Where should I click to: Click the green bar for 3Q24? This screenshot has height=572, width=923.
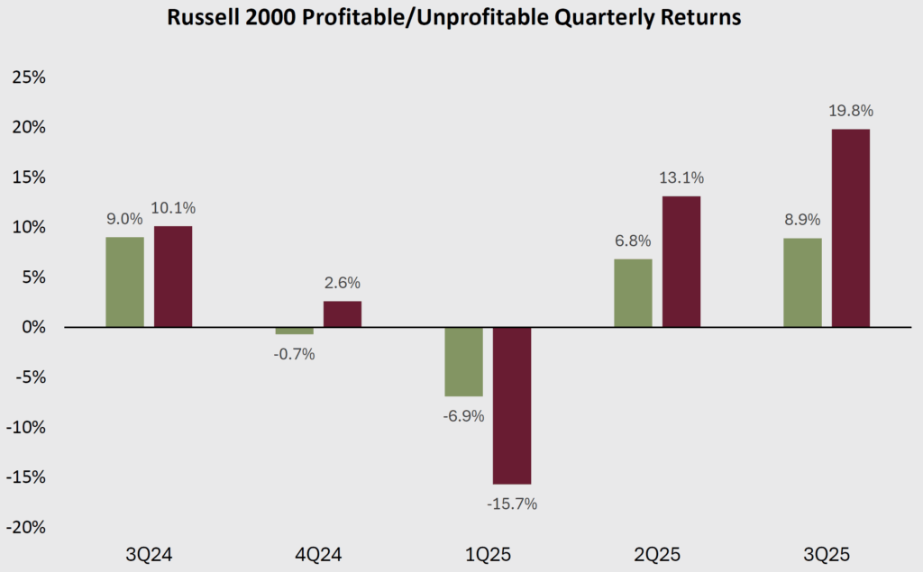tap(124, 282)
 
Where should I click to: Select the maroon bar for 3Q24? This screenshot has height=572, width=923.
tap(173, 277)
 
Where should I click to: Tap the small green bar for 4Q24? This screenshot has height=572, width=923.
tap(294, 331)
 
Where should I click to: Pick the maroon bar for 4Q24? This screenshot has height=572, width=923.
tap(343, 314)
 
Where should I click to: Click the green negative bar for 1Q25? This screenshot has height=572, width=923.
tap(463, 361)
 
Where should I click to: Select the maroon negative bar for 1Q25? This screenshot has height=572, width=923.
tap(512, 405)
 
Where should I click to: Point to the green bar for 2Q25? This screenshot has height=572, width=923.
tap(633, 293)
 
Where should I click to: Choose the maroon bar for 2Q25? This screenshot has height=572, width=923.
tap(681, 261)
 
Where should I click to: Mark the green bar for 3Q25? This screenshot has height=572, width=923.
tap(802, 283)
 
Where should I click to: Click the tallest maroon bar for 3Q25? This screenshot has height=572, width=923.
tap(851, 228)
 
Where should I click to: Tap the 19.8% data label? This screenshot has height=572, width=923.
tap(852, 112)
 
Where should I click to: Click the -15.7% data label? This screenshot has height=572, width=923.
tap(512, 504)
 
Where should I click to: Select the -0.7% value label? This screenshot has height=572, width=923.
tap(294, 354)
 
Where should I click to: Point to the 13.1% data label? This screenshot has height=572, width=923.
tap(682, 178)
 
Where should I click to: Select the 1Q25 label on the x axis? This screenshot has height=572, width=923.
tap(488, 552)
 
